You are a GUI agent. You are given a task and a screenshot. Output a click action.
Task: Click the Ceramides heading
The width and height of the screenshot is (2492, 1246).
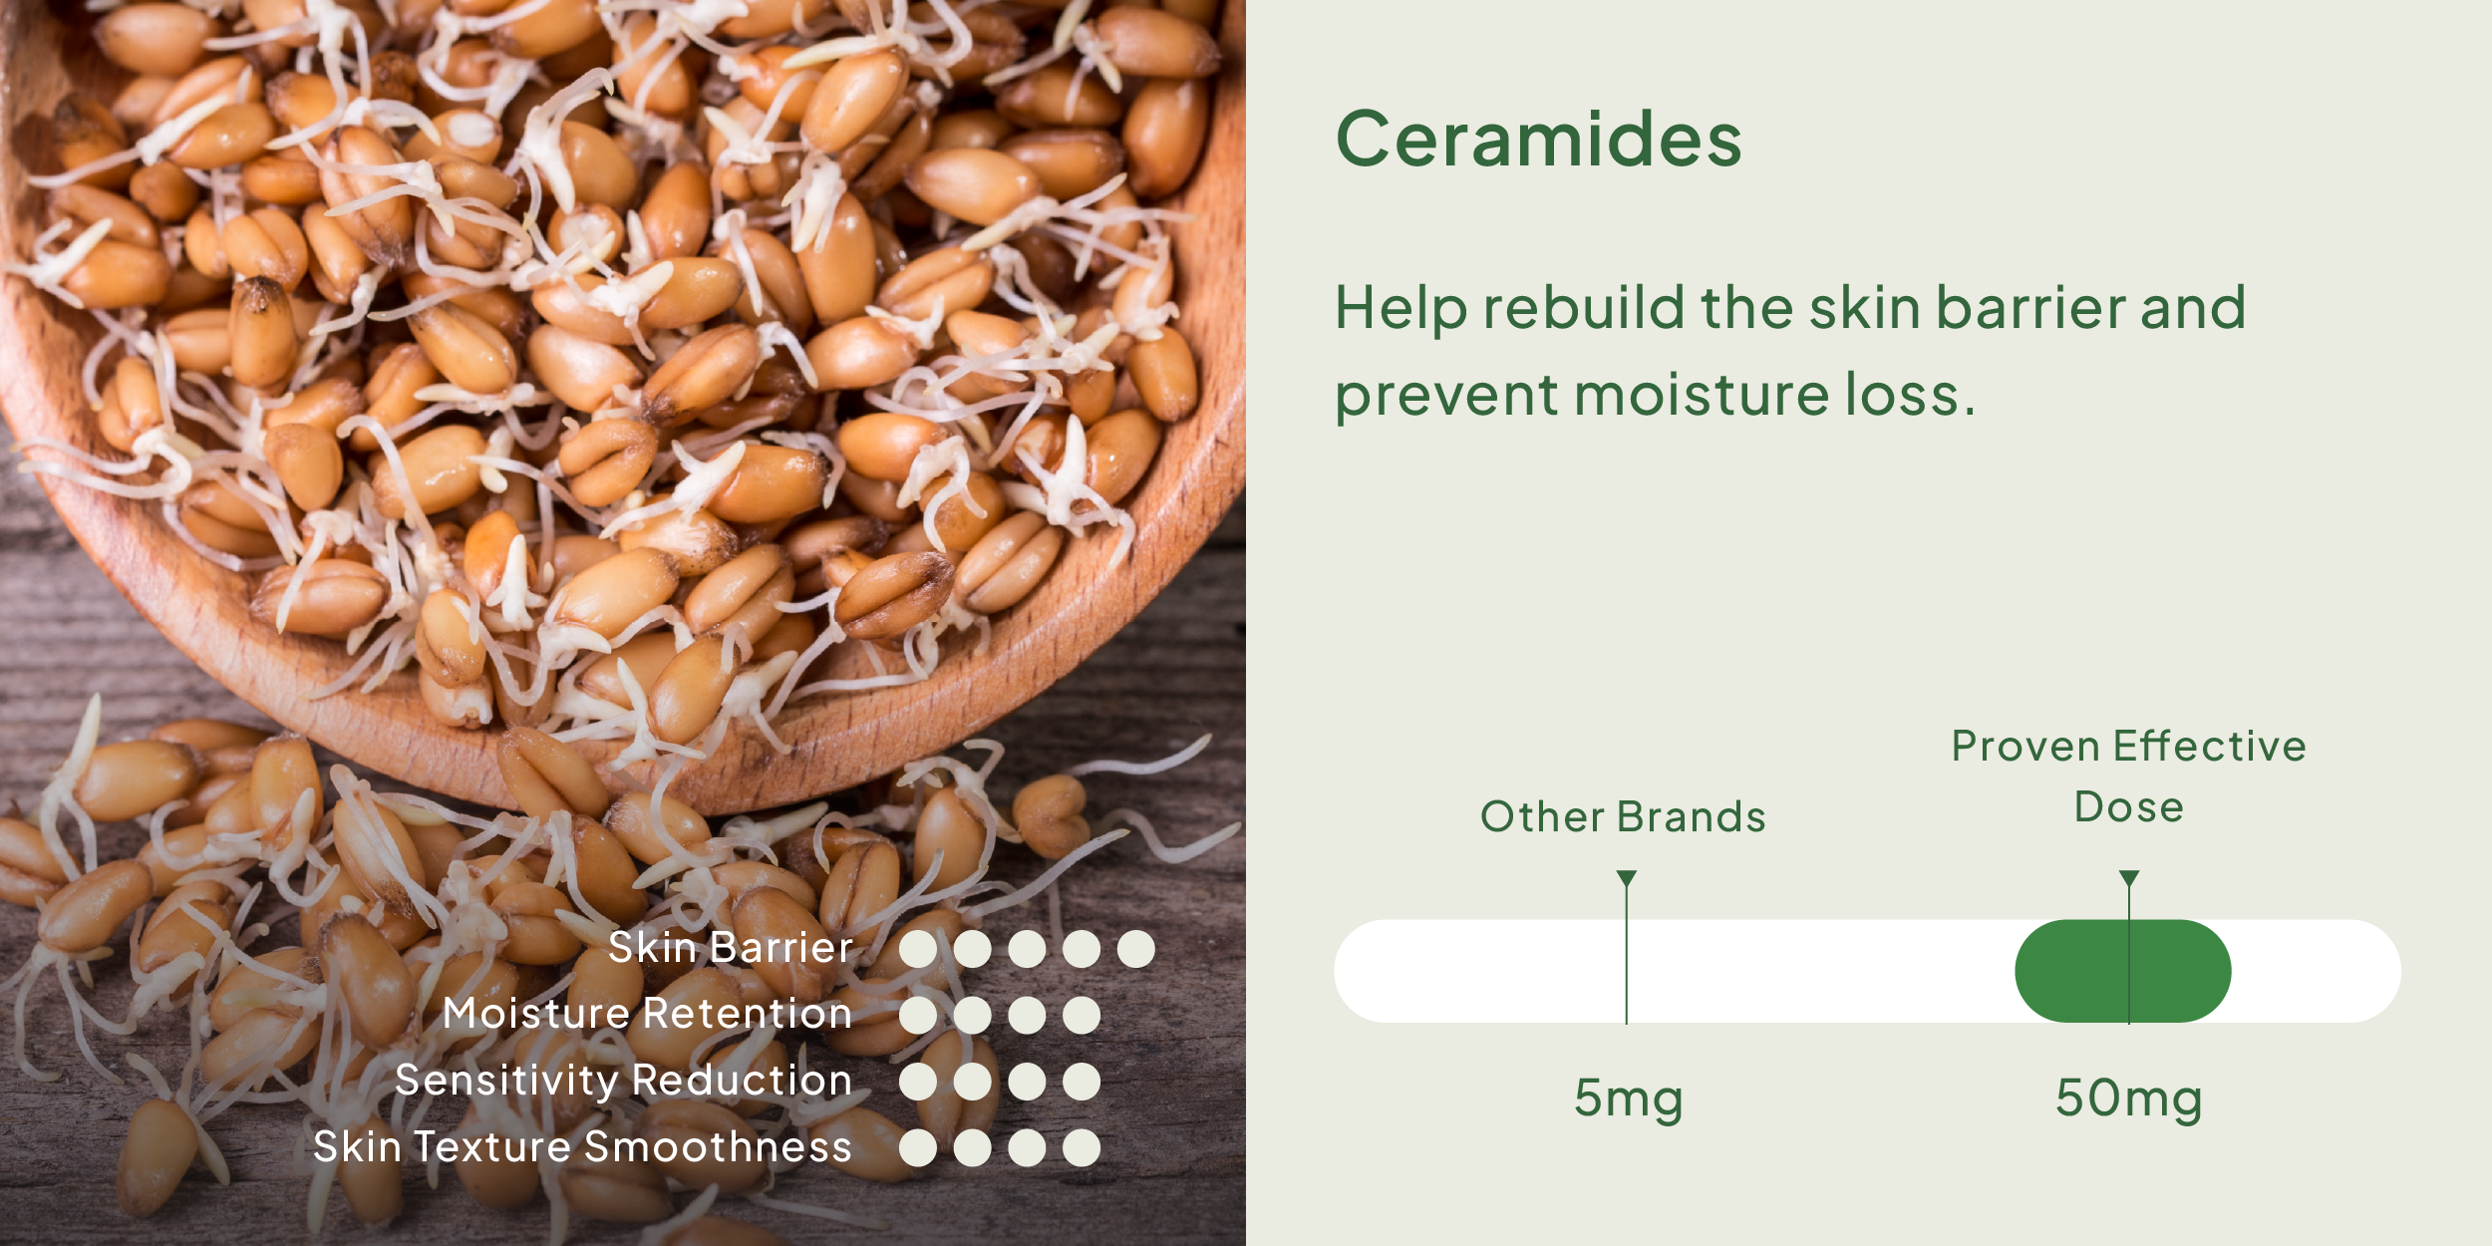(x=1538, y=139)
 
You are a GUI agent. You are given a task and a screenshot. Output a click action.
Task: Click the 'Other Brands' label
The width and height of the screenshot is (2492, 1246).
(x=1623, y=816)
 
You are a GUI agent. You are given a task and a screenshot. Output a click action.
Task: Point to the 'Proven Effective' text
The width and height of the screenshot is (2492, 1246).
(x=2128, y=746)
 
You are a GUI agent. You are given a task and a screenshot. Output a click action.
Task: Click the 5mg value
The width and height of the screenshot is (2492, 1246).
(x=1628, y=1099)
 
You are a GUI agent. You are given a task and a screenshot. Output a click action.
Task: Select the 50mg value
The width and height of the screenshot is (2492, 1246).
(x=2128, y=1099)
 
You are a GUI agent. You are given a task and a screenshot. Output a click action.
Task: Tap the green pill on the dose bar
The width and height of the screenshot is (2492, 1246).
(x=2123, y=971)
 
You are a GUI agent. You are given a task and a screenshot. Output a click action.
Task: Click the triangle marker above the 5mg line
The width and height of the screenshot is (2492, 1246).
(x=1627, y=878)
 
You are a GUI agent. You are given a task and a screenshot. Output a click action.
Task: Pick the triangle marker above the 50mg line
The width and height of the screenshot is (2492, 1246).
(x=2129, y=878)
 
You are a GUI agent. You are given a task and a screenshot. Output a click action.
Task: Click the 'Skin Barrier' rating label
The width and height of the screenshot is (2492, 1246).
(x=730, y=948)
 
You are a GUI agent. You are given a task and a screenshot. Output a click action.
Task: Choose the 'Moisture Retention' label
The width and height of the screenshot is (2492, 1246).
(x=647, y=1014)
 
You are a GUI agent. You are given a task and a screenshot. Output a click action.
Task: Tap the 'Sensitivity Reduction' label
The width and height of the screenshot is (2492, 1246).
(x=623, y=1082)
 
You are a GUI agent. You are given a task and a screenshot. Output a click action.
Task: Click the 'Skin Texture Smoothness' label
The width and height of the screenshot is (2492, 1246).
(x=582, y=1147)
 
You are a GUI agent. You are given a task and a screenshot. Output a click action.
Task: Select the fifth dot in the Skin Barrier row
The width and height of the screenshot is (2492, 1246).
(x=1135, y=949)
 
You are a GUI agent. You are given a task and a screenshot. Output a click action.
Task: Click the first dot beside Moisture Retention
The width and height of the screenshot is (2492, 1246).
(x=917, y=1015)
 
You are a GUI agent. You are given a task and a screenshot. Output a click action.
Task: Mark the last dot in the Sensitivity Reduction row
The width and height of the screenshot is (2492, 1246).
(x=1081, y=1082)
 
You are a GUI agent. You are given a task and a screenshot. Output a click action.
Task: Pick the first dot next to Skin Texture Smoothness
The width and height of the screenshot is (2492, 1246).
(x=917, y=1148)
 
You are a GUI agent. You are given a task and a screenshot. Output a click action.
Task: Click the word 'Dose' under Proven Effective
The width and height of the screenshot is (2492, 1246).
(x=2128, y=807)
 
